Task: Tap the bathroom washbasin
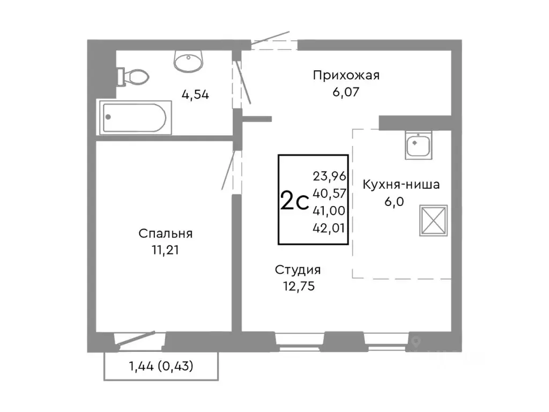click(x=188, y=61)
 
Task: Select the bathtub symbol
click(x=135, y=117)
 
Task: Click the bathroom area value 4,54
click(x=195, y=95)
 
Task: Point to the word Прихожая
click(x=346, y=76)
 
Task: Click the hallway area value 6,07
click(x=345, y=92)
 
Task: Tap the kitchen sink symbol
click(x=418, y=145)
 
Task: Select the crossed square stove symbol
click(x=433, y=220)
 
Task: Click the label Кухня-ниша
click(x=401, y=185)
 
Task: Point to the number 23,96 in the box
click(x=329, y=175)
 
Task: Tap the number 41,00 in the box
click(x=329, y=210)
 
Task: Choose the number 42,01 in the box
click(x=329, y=227)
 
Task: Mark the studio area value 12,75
click(x=297, y=286)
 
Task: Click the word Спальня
click(x=165, y=234)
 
